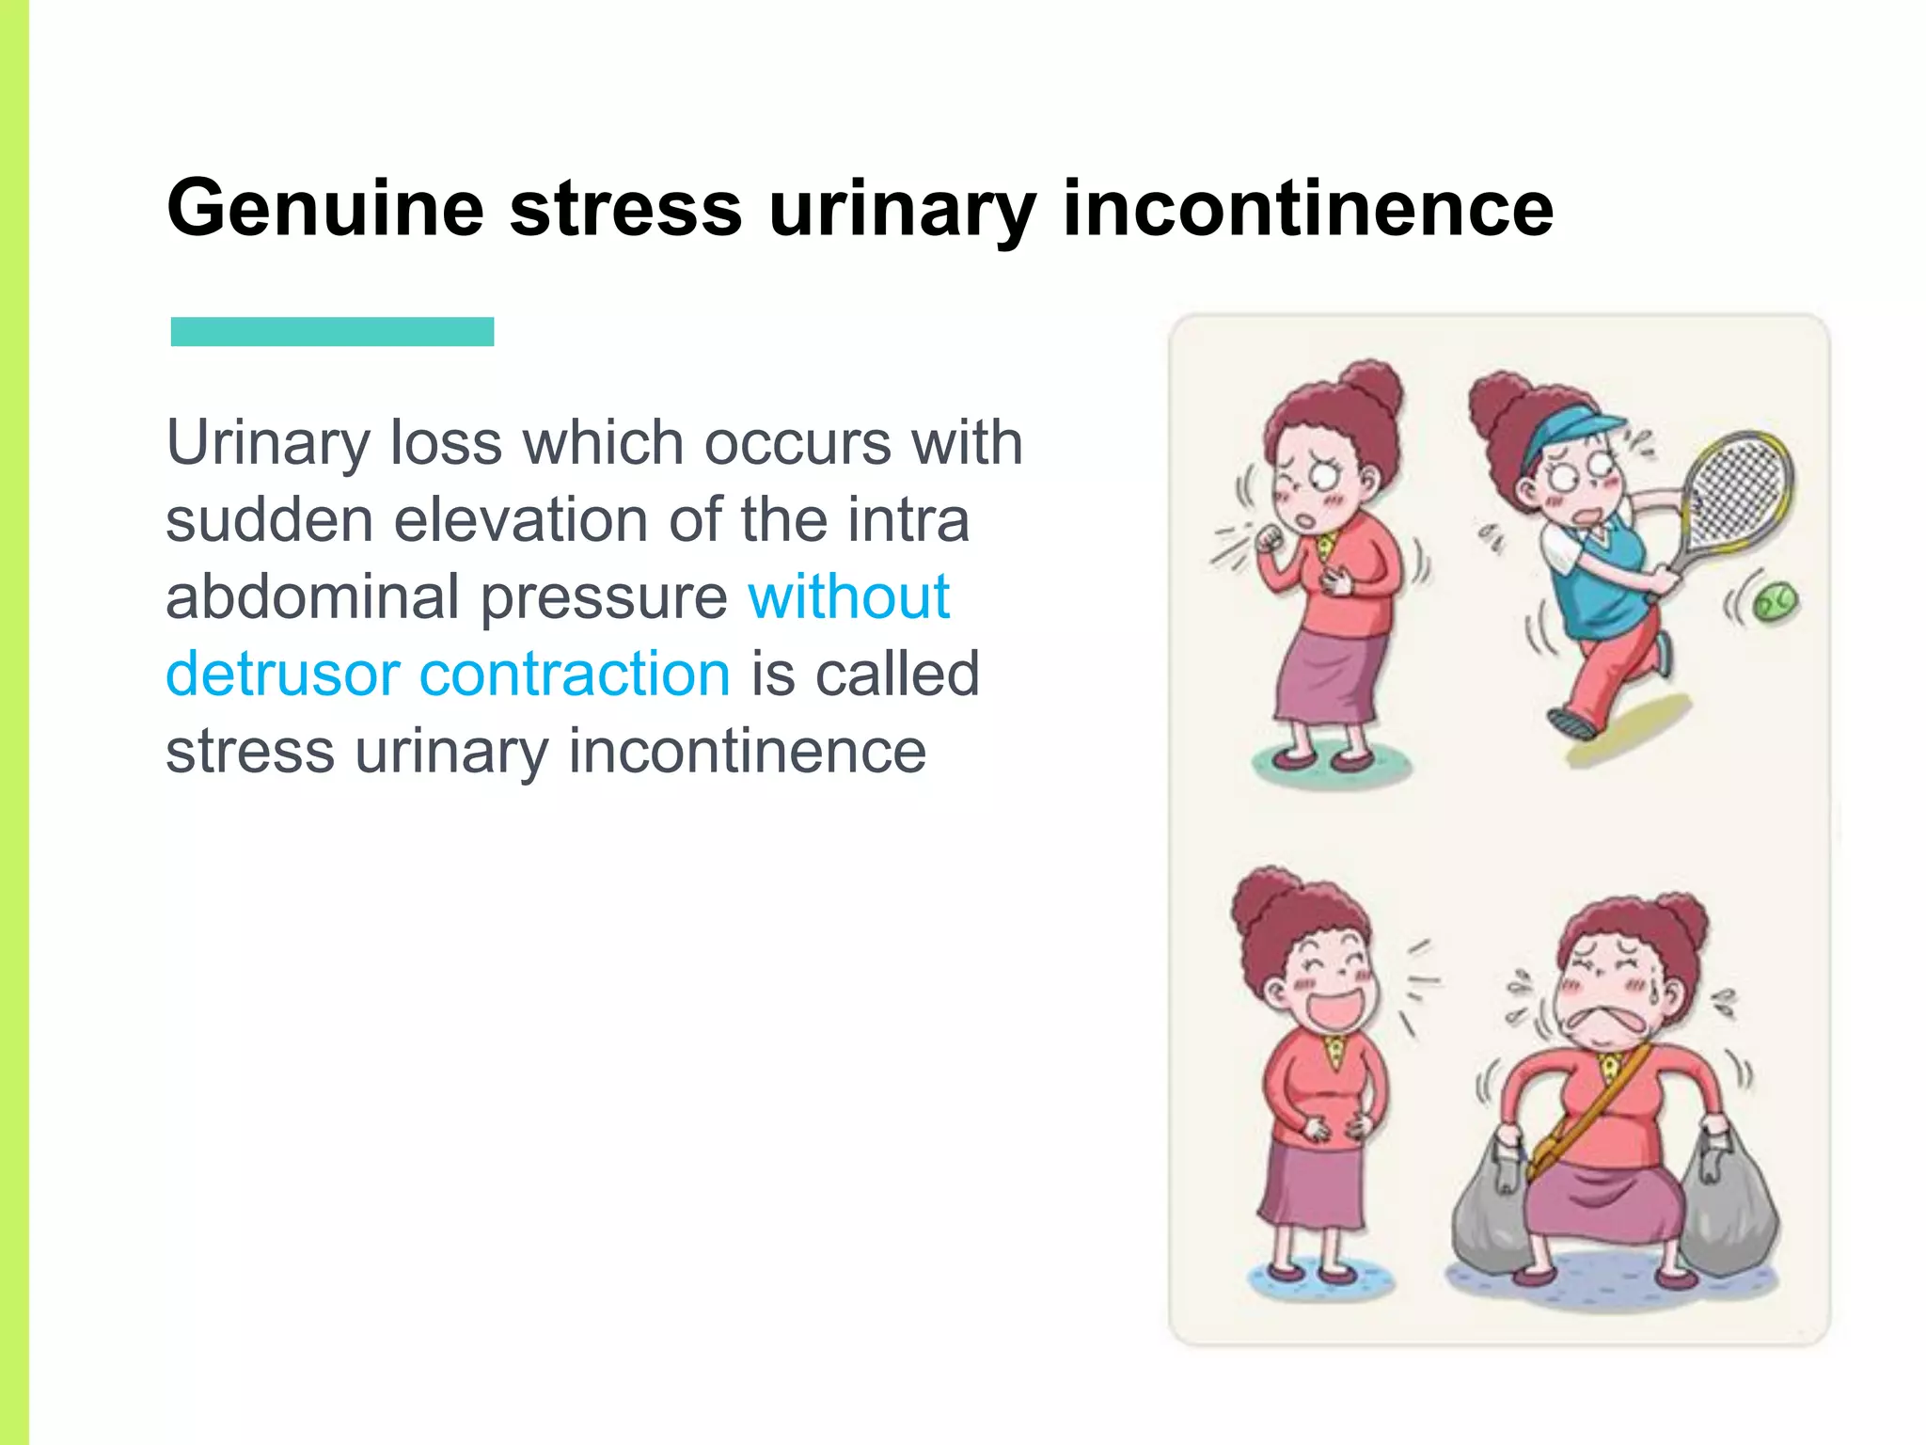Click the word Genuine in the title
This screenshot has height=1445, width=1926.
pos(324,209)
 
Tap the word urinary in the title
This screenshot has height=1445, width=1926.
pos(902,209)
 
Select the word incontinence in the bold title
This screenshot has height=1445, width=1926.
pos(1307,209)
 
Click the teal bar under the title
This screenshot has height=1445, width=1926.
pos(332,331)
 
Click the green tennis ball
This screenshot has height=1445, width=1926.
pos(1774,601)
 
